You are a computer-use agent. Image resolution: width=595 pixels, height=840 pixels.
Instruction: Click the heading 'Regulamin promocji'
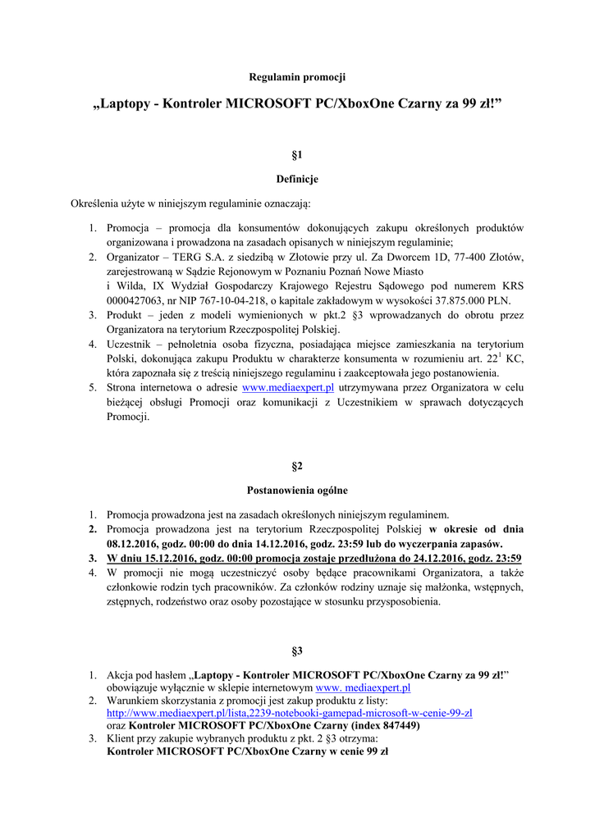(297, 77)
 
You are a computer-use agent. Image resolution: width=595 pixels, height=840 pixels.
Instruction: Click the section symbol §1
(297, 154)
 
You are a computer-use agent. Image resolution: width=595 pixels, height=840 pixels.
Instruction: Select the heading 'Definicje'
(297, 178)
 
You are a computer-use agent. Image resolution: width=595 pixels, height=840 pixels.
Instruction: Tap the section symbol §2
(297, 466)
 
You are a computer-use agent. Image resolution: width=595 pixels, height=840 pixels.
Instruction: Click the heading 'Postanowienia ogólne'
(297, 491)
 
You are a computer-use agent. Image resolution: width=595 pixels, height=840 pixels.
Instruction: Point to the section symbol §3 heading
(297, 651)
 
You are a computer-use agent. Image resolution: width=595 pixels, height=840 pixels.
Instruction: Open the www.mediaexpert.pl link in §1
(294, 387)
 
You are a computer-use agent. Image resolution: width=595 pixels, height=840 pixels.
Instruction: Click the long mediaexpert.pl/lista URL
(290, 714)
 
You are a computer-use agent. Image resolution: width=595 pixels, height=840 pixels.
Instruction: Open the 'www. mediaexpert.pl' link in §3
(363, 687)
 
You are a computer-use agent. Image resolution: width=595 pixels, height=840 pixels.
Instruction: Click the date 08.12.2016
(135, 544)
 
